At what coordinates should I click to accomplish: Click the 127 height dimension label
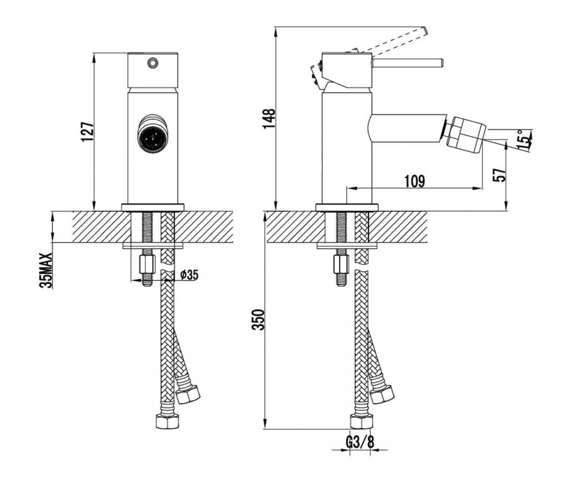pos(88,132)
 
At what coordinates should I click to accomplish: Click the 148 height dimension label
pos(269,118)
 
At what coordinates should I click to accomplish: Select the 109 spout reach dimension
pos(415,181)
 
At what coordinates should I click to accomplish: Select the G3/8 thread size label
pos(360,442)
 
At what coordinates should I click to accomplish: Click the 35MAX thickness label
pos(47,270)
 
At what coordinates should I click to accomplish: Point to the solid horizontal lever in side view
pos(408,63)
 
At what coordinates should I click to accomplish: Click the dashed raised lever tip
pos(424,31)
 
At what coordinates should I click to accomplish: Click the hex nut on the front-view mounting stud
pos(147,264)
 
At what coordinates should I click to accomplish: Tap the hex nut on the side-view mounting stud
pos(341,264)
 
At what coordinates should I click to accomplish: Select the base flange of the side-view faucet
pos(347,207)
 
